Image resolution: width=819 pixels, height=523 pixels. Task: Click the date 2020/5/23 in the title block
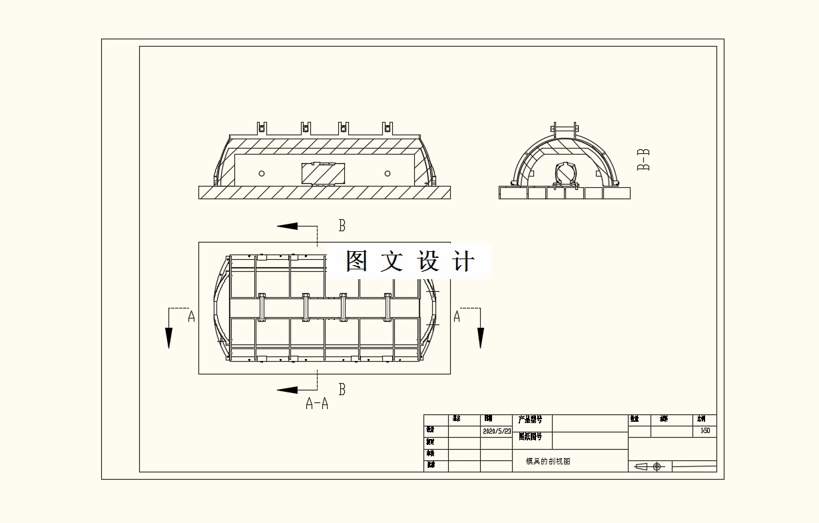point(497,431)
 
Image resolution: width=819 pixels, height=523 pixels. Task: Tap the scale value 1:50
point(705,431)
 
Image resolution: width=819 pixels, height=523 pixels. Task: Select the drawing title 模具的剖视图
point(548,461)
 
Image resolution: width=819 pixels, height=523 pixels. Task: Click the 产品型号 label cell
point(530,420)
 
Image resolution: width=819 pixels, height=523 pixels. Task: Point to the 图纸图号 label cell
point(530,437)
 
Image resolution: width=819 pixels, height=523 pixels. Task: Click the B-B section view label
point(643,160)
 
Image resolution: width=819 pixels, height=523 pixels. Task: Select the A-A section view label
point(317,403)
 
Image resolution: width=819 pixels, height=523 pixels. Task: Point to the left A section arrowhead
point(169,338)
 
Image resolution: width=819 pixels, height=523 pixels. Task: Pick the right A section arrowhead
point(480,338)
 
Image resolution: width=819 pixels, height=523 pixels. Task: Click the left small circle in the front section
point(262,173)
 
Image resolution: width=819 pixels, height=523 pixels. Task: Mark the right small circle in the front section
point(388,173)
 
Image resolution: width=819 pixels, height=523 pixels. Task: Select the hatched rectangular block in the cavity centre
point(323,173)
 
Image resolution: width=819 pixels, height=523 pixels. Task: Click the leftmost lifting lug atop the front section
point(262,127)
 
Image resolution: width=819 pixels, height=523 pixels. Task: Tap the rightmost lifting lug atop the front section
point(387,127)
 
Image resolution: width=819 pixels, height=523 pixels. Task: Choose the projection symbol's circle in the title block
point(657,466)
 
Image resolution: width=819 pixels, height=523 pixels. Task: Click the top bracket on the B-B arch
point(565,129)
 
